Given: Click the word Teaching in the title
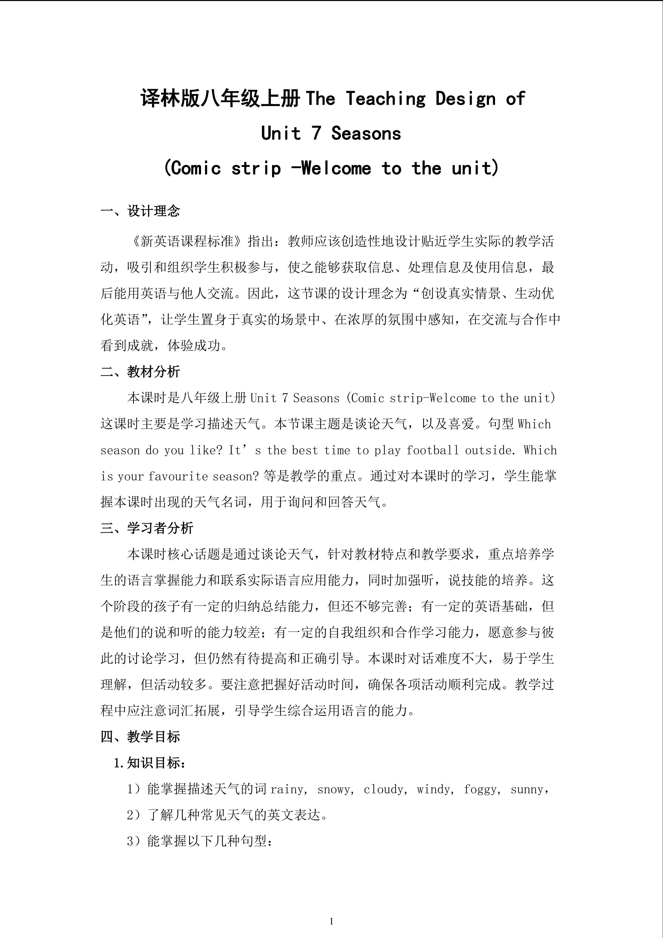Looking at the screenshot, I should point(386,99).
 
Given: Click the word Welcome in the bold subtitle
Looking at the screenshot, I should point(336,168).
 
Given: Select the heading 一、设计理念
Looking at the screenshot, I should point(140,211).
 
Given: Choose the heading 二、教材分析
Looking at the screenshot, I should point(140,372).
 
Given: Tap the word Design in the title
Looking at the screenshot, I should point(465,99).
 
